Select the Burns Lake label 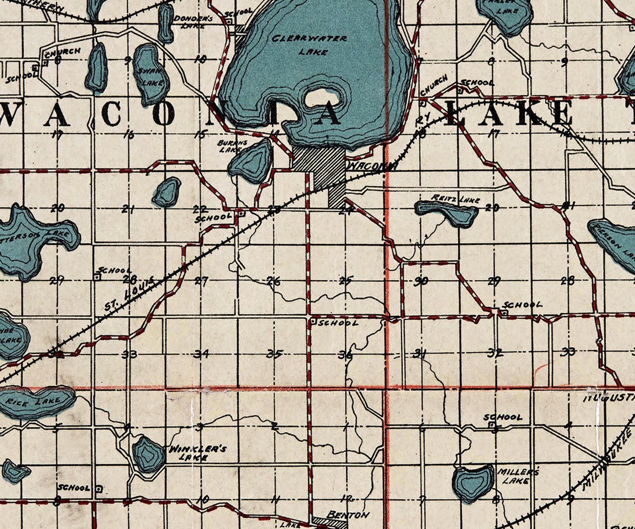pyautogui.click(x=232, y=146)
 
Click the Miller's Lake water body pyautogui.click(x=472, y=484)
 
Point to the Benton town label pyautogui.click(x=347, y=515)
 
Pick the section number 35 pyautogui.click(x=275, y=353)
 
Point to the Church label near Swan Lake pyautogui.click(x=63, y=52)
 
